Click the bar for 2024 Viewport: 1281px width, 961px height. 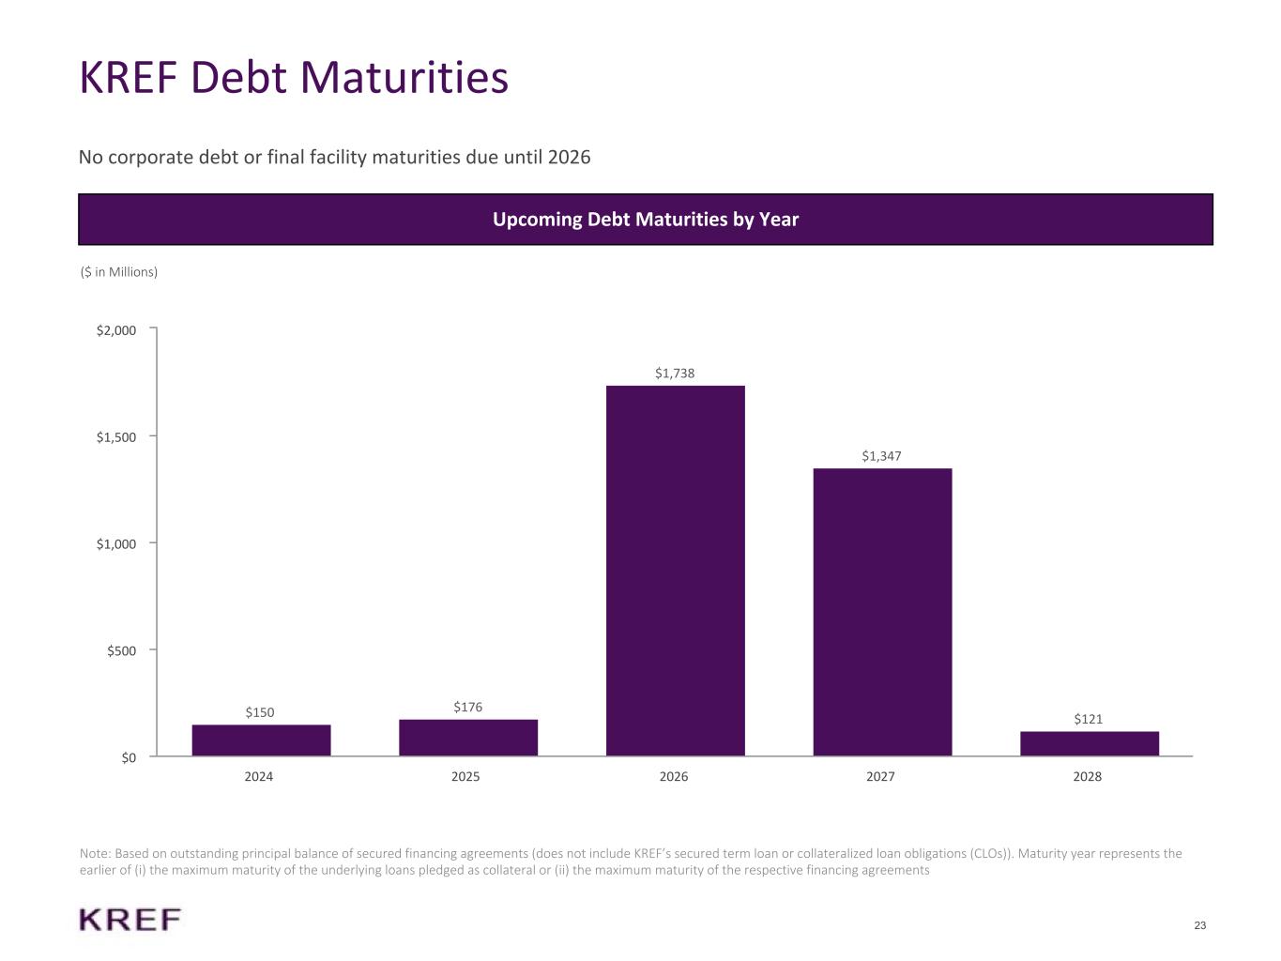click(x=261, y=740)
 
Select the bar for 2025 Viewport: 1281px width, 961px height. click(x=468, y=737)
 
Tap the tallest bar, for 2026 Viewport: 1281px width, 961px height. click(x=675, y=571)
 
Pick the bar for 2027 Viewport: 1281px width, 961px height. click(x=882, y=612)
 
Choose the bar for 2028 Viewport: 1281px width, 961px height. click(x=1089, y=743)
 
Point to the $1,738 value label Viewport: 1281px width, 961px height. click(x=675, y=374)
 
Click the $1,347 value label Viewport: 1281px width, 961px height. click(x=881, y=456)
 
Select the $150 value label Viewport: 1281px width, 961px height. click(x=260, y=712)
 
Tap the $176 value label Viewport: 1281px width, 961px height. click(x=467, y=707)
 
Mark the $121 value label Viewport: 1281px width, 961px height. click(x=1089, y=719)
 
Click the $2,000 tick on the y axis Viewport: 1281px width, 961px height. click(x=116, y=330)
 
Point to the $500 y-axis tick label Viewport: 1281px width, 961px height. click(x=121, y=650)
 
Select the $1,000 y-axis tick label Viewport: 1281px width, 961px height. click(x=116, y=544)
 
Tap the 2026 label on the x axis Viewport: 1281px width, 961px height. click(x=674, y=776)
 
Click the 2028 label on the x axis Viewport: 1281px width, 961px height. click(x=1088, y=776)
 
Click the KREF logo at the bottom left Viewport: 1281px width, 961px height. click(x=130, y=920)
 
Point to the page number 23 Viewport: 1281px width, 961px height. click(x=1200, y=926)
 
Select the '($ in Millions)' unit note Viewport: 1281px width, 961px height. click(x=119, y=272)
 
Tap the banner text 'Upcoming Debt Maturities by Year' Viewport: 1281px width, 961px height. click(x=646, y=220)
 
